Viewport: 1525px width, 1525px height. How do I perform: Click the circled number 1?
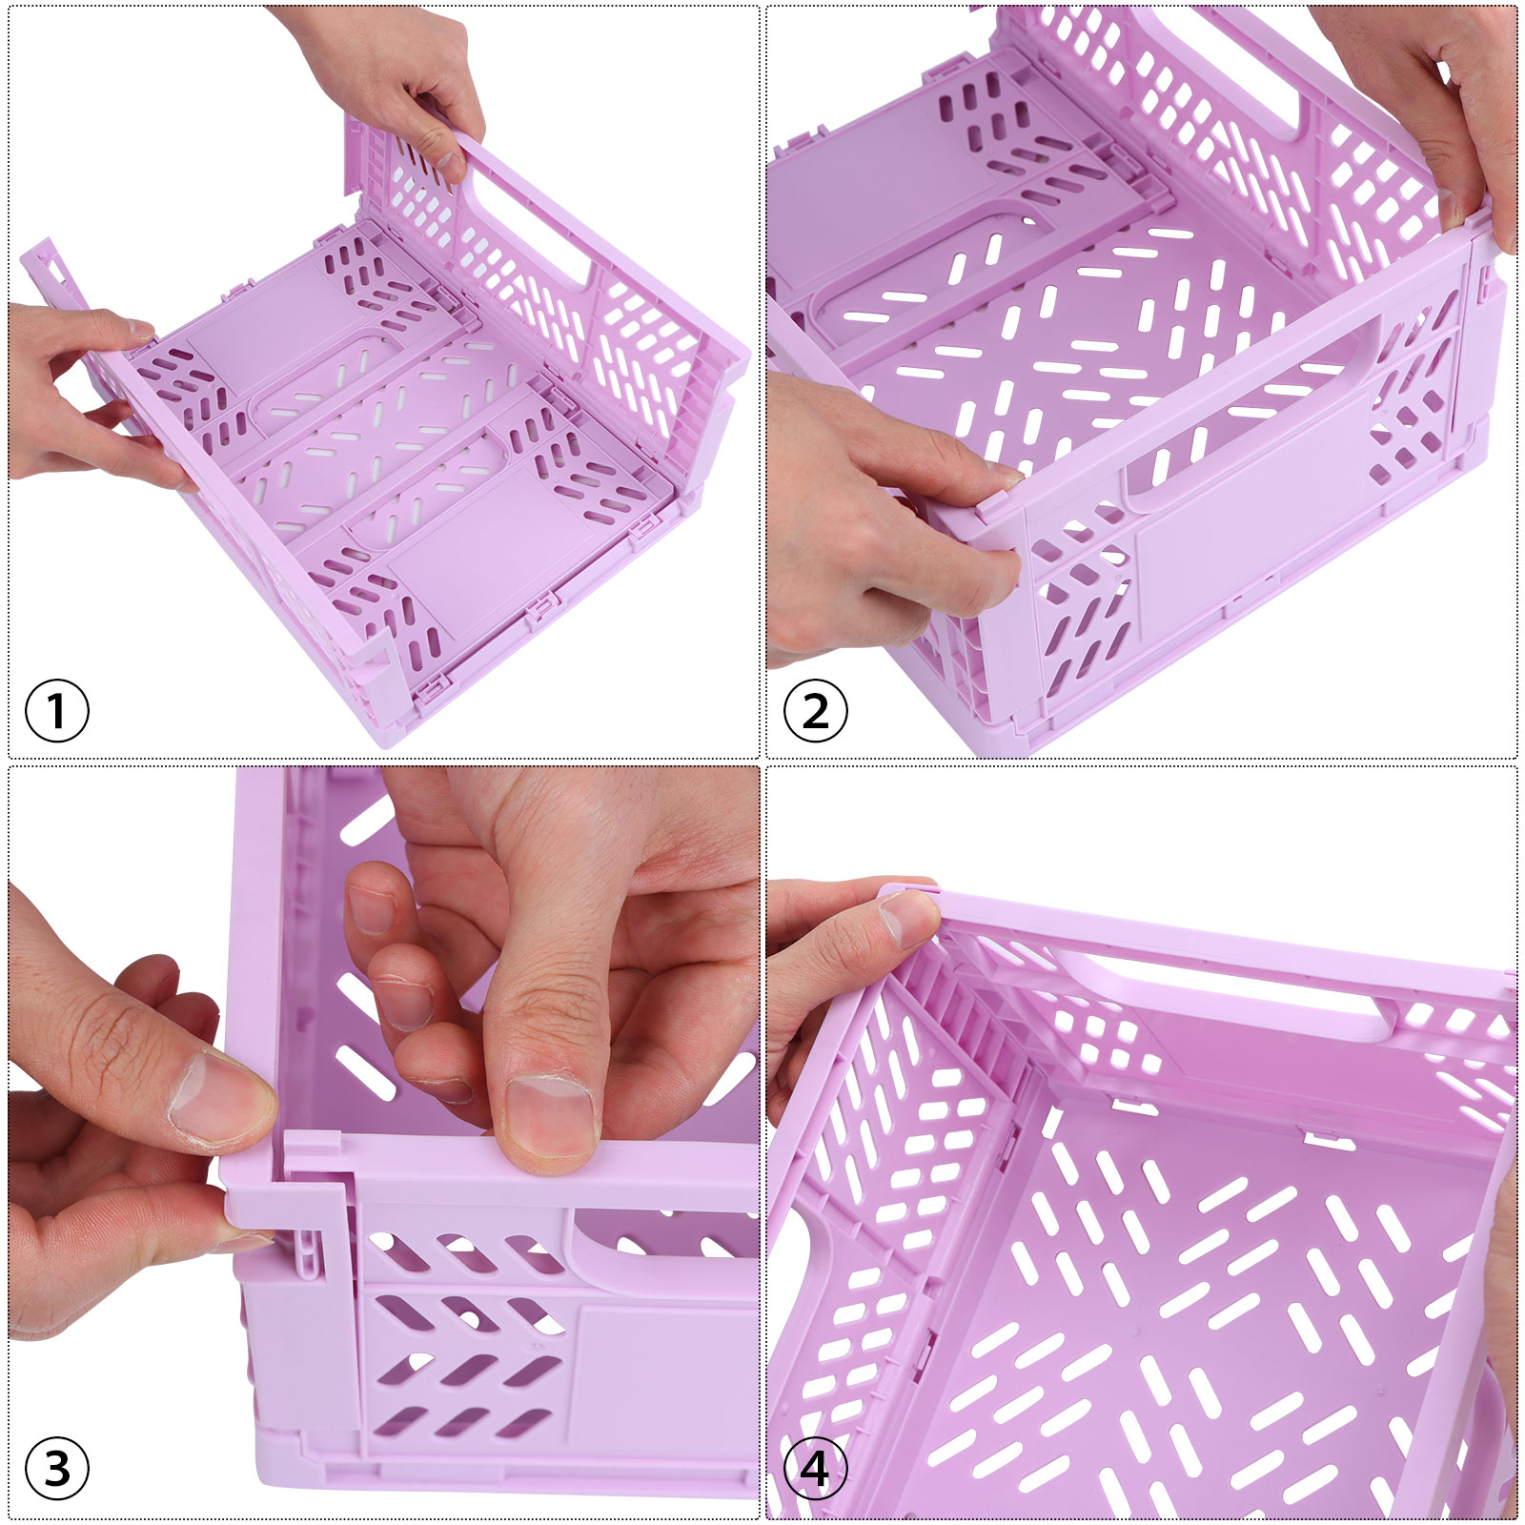[x=57, y=711]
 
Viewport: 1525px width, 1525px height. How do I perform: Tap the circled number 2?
[x=816, y=711]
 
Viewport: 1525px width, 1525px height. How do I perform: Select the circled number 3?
[x=57, y=1470]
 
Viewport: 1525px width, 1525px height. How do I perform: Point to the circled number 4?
[x=816, y=1470]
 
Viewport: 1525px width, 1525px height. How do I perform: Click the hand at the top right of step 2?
[x=1430, y=105]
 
